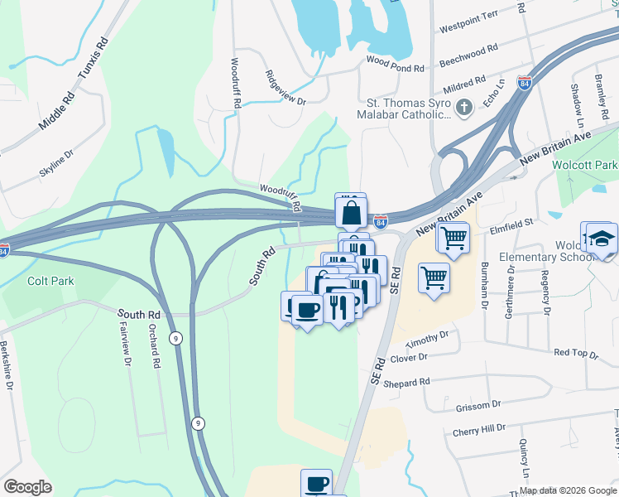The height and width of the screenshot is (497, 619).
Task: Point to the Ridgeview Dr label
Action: point(285,89)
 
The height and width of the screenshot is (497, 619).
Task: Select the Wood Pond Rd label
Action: point(395,62)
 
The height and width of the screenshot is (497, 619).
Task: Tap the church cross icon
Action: point(464,107)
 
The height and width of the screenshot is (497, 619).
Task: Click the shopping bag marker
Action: point(351,213)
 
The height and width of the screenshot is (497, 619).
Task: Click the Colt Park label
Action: point(50,281)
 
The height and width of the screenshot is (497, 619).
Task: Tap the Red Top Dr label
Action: point(576,353)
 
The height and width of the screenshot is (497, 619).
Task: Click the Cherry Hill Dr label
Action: point(479,431)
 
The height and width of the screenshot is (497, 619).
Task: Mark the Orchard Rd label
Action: point(154,345)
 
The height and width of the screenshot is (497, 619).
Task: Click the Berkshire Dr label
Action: point(9,364)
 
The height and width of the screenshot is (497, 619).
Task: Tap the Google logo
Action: point(28,487)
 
